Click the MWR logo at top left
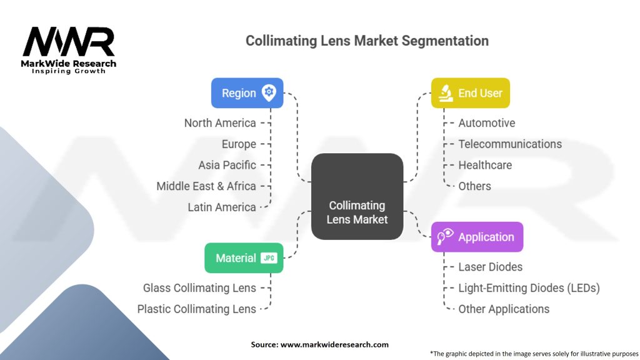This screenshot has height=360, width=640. (69, 50)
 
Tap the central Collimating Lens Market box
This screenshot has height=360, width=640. (357, 196)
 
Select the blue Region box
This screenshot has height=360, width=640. (247, 93)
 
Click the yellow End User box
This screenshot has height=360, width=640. (470, 93)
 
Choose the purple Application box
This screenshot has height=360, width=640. (477, 237)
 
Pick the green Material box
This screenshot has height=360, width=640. (244, 258)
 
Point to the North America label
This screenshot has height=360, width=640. (220, 123)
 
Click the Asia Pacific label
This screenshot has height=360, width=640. (227, 165)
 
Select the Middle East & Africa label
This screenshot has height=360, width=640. (206, 186)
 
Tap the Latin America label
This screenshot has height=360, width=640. (222, 207)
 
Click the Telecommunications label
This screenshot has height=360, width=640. (510, 144)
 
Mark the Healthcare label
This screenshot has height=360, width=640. (485, 165)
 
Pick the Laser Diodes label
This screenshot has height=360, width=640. (490, 267)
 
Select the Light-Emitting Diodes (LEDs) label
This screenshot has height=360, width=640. (529, 288)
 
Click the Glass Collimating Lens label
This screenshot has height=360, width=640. (199, 288)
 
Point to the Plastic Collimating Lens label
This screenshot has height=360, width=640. (197, 309)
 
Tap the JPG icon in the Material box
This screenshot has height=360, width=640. (269, 258)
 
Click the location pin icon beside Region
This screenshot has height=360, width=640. (269, 92)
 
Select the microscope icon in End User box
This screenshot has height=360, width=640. (445, 93)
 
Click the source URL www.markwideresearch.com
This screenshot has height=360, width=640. (334, 344)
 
